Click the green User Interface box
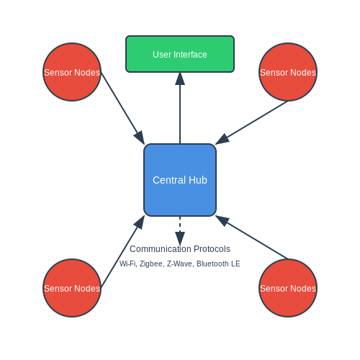pyautogui.click(x=180, y=54)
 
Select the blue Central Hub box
pyautogui.click(x=180, y=180)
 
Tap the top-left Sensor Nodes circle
pyautogui.click(x=72, y=72)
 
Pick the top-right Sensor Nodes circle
pyautogui.click(x=288, y=72)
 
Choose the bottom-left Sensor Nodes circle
pyautogui.click(x=72, y=288)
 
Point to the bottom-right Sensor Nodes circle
pyautogui.click(x=288, y=288)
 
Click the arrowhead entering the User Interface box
pyautogui.click(x=180, y=78)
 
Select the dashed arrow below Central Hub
pyautogui.click(x=180, y=231)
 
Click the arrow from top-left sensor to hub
pyautogui.click(x=122, y=108)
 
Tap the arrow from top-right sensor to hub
pyautogui.click(x=251, y=123)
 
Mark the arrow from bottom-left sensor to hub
pyautogui.click(x=122, y=252)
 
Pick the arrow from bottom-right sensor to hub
pyautogui.click(x=251, y=237)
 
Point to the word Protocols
pyautogui.click(x=212, y=249)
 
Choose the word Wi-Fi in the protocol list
pyautogui.click(x=128, y=264)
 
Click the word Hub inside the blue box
pyautogui.click(x=198, y=180)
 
